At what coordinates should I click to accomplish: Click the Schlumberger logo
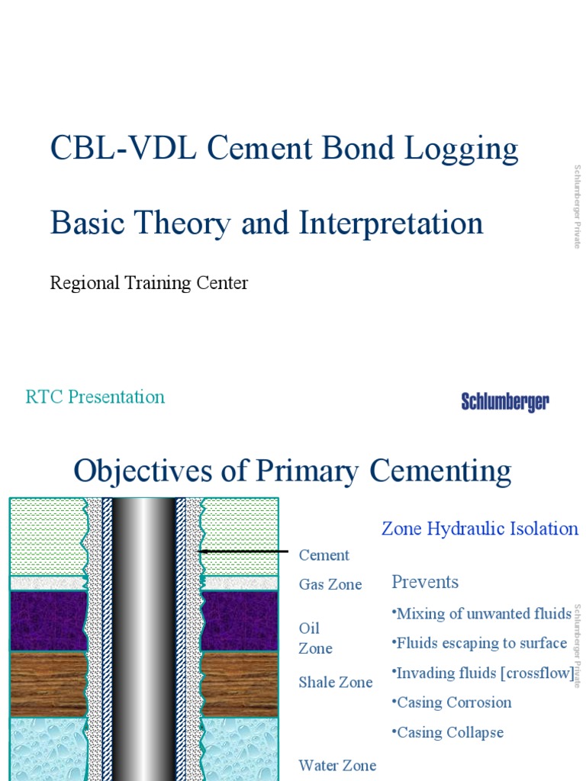[x=505, y=402]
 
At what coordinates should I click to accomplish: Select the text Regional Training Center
[x=149, y=283]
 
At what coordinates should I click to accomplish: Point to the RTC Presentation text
[x=95, y=397]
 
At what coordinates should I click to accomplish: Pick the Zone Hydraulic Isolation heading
[x=480, y=529]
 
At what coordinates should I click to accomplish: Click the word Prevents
[x=425, y=582]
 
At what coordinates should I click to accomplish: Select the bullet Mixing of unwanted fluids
[x=482, y=613]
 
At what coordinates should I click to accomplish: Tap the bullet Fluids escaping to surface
[x=481, y=643]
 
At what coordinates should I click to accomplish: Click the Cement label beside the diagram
[x=324, y=555]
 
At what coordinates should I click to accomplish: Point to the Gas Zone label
[x=330, y=584]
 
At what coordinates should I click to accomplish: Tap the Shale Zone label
[x=336, y=682]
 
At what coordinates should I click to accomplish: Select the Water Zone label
[x=337, y=765]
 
